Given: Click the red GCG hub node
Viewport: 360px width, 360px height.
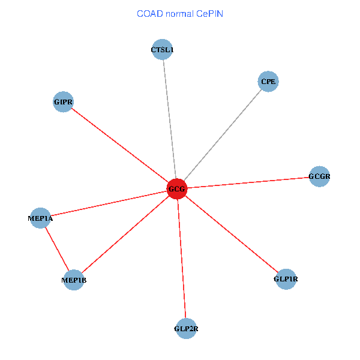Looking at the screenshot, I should click(x=177, y=189).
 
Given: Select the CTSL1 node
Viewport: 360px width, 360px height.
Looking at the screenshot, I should click(x=163, y=50).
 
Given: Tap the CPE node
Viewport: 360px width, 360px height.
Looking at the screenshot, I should click(x=269, y=81).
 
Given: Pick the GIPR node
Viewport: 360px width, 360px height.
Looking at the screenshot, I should click(x=63, y=102).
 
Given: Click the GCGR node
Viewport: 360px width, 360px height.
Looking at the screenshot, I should click(x=319, y=176).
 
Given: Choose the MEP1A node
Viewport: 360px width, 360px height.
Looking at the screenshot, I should click(x=41, y=218).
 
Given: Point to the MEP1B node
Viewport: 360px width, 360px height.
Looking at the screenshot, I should click(x=74, y=280).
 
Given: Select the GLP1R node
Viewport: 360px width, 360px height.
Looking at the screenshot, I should click(x=286, y=279).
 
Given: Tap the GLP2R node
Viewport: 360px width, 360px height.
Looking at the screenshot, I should click(x=186, y=328).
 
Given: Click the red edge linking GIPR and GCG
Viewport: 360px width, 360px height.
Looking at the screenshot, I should click(x=120, y=145).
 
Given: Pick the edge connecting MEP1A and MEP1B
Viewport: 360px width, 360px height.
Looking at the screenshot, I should click(x=57, y=248).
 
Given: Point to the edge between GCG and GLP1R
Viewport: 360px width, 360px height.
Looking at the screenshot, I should click(x=231, y=234).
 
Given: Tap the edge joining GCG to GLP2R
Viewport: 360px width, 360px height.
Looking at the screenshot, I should click(x=182, y=258).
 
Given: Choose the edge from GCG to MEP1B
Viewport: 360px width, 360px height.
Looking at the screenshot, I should click(x=125, y=234).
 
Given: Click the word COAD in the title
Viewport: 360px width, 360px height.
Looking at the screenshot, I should click(x=149, y=13).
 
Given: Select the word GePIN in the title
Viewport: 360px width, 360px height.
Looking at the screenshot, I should click(x=209, y=13).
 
